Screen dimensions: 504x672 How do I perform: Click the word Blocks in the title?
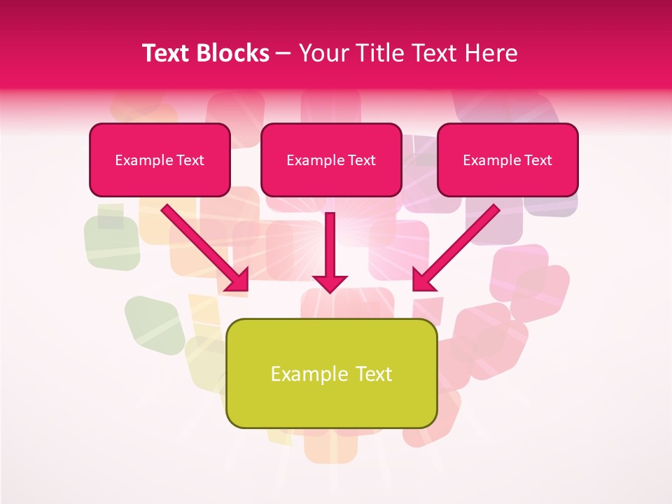coord(234,53)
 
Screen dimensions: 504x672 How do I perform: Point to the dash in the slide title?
coord(283,54)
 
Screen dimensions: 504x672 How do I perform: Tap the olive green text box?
coord(332,402)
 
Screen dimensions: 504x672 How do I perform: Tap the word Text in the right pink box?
coord(538,160)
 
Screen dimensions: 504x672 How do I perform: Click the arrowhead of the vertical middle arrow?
coord(330,283)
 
